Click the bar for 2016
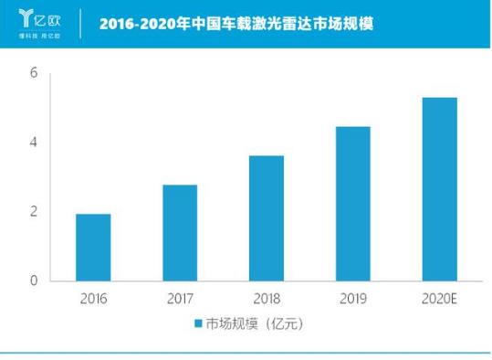(93, 247)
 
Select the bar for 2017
(180, 232)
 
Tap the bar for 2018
(267, 217)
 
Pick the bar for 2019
(353, 203)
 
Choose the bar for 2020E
(439, 188)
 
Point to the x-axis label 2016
(93, 297)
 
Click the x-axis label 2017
(180, 297)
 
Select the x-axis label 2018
(267, 297)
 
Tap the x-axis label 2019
(353, 297)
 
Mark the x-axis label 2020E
(439, 297)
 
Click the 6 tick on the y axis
(33, 73)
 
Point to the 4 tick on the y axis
(33, 143)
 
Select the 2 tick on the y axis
(33, 211)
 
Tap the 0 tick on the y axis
(33, 281)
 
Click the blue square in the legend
(197, 323)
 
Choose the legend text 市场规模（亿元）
(253, 323)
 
